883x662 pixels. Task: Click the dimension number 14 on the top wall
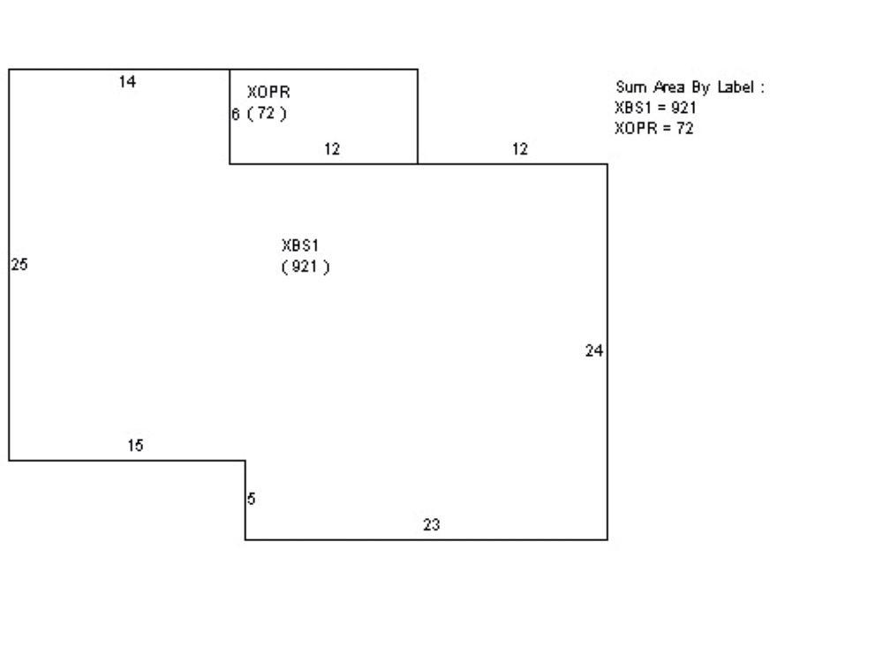point(127,82)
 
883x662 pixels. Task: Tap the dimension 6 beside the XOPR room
point(236,114)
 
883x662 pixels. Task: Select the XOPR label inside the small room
point(268,92)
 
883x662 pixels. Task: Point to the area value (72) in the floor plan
point(267,114)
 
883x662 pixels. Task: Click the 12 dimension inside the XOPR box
point(331,150)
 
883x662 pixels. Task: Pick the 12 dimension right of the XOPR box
point(520,150)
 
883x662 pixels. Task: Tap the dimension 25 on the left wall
point(19,264)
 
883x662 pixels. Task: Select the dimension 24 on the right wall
point(594,351)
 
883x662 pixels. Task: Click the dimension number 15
point(134,446)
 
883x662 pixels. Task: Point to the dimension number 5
point(252,499)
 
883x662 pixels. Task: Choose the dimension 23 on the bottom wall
point(431,525)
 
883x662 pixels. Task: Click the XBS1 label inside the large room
point(299,245)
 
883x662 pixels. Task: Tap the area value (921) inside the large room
point(306,267)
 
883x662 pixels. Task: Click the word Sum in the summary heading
point(629,87)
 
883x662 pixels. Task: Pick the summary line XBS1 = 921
point(656,108)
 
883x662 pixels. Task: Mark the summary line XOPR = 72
point(653,128)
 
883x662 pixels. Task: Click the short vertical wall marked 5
point(245,500)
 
